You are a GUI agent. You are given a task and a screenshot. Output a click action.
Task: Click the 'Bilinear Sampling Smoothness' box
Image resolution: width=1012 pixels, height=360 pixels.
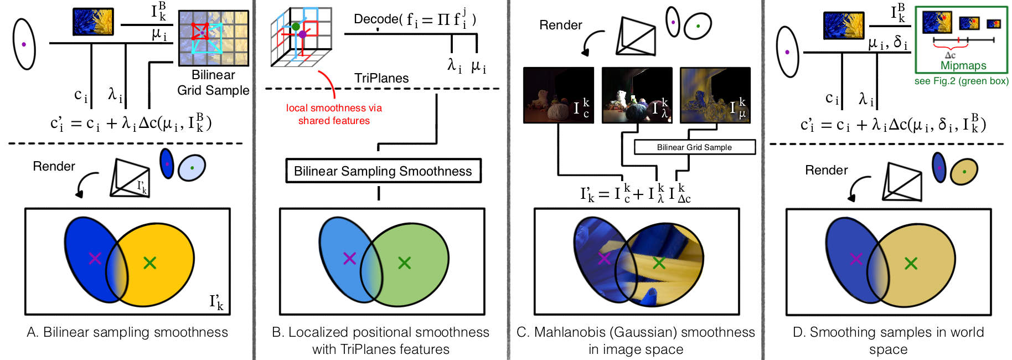point(383,171)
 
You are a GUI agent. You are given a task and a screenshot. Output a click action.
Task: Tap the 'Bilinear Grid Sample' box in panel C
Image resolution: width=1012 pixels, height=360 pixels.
point(694,147)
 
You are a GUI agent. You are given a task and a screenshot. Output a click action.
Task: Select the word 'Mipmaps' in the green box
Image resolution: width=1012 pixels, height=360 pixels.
point(963,65)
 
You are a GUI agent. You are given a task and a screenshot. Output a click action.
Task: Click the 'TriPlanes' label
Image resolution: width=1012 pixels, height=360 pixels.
point(381,78)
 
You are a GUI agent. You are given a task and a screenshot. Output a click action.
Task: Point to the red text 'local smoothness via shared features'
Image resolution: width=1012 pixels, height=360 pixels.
point(334,114)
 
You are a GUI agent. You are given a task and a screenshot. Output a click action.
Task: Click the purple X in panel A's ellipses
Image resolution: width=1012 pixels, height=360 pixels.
point(95,258)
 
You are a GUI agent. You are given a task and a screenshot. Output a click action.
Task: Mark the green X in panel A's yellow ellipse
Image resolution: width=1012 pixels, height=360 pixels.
point(149,263)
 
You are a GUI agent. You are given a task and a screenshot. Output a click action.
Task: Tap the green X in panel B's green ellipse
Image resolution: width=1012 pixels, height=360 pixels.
point(404,263)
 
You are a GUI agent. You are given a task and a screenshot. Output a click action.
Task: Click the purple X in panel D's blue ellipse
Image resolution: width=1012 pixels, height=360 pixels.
point(856,259)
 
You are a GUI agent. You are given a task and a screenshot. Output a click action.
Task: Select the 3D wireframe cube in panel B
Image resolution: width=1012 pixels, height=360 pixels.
point(301,37)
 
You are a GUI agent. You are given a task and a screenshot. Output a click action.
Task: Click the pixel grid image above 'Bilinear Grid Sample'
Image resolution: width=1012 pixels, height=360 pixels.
point(213,38)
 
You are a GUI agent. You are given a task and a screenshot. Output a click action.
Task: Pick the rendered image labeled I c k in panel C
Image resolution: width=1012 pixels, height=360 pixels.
point(558,95)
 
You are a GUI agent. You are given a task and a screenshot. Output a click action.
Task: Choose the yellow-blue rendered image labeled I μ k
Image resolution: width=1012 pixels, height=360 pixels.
point(715,95)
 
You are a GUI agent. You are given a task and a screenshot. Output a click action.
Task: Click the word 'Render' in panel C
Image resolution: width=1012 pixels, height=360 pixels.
point(560,25)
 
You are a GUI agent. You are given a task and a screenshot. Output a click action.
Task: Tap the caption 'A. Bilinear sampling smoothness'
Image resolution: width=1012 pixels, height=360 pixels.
point(127,332)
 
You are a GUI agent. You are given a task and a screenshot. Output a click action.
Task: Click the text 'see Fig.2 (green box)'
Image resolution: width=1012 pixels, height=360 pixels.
point(961,81)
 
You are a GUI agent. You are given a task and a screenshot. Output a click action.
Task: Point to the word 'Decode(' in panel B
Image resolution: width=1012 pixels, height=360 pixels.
point(378,19)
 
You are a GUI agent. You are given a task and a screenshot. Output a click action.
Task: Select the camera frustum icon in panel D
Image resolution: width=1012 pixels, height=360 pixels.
point(903,182)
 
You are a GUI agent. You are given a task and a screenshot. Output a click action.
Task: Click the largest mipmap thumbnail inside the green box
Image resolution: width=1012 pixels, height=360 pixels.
point(937,22)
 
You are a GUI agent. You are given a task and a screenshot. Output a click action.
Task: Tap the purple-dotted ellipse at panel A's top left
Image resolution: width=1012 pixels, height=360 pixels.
point(24,44)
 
